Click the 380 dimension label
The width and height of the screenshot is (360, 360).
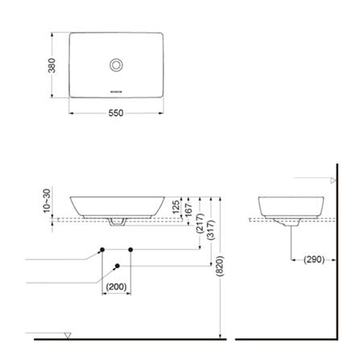point(52,65)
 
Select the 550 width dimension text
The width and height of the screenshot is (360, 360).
point(116,113)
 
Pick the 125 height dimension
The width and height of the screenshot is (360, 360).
point(176,206)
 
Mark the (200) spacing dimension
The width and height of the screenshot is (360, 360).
point(117,287)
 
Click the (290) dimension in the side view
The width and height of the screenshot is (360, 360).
point(312,259)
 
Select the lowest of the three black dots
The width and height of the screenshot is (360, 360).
point(118,265)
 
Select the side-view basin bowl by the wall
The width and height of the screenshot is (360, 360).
point(290,205)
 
